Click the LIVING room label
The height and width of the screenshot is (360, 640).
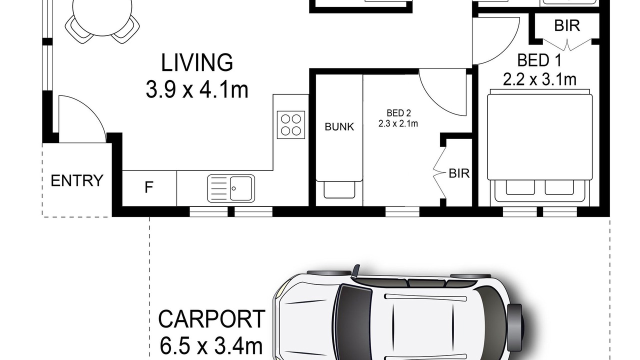pyautogui.click(x=197, y=62)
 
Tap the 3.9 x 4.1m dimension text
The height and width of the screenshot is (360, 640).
pyautogui.click(x=197, y=89)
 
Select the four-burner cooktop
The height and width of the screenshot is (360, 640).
pyautogui.click(x=291, y=125)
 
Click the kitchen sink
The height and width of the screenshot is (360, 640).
pyautogui.click(x=231, y=188)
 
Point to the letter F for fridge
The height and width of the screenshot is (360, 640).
pyautogui.click(x=149, y=187)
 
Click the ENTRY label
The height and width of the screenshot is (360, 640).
pyautogui.click(x=77, y=180)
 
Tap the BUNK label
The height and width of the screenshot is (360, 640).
pyautogui.click(x=339, y=127)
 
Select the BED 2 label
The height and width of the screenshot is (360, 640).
pyautogui.click(x=399, y=113)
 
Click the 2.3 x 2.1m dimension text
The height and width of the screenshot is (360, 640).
pyautogui.click(x=398, y=123)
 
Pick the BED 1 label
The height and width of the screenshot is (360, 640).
pyautogui.click(x=539, y=60)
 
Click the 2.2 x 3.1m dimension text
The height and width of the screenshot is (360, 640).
pyautogui.click(x=539, y=79)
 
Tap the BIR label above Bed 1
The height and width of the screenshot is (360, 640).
pyautogui.click(x=567, y=25)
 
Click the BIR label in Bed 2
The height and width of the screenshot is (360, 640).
pyautogui.click(x=459, y=173)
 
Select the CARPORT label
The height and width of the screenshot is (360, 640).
pyautogui.click(x=211, y=319)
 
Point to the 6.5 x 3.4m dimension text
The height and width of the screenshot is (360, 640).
pyautogui.click(x=211, y=346)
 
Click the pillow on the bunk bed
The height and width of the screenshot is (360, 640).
pyautogui.click(x=339, y=189)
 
